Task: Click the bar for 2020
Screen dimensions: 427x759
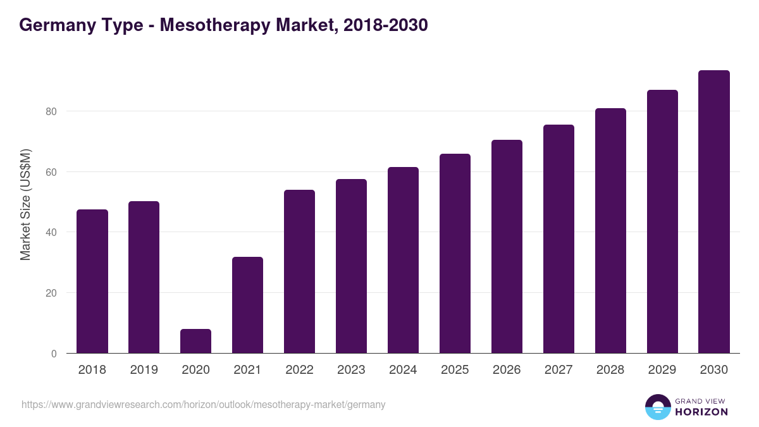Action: tap(195, 341)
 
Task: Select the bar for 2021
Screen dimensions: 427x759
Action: tap(247, 305)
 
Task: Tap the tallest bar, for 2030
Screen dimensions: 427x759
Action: tap(714, 212)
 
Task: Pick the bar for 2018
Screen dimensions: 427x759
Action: tap(92, 282)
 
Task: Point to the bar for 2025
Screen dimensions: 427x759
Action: tap(455, 254)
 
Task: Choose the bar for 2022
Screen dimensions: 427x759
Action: tap(299, 271)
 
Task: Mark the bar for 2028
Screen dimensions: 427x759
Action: tap(610, 231)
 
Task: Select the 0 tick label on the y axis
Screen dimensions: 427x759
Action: tap(54, 354)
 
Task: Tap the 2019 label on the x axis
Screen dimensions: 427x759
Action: tap(144, 370)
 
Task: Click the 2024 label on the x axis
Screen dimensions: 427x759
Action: tap(403, 370)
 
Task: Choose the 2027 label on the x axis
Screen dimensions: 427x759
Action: tap(558, 370)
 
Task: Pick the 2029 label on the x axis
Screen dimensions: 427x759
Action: tap(662, 370)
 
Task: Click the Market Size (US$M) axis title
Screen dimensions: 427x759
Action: tap(25, 204)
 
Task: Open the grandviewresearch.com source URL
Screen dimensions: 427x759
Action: tap(203, 405)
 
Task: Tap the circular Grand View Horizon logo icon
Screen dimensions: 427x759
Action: tap(658, 407)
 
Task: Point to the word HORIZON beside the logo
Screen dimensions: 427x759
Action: tap(701, 412)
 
